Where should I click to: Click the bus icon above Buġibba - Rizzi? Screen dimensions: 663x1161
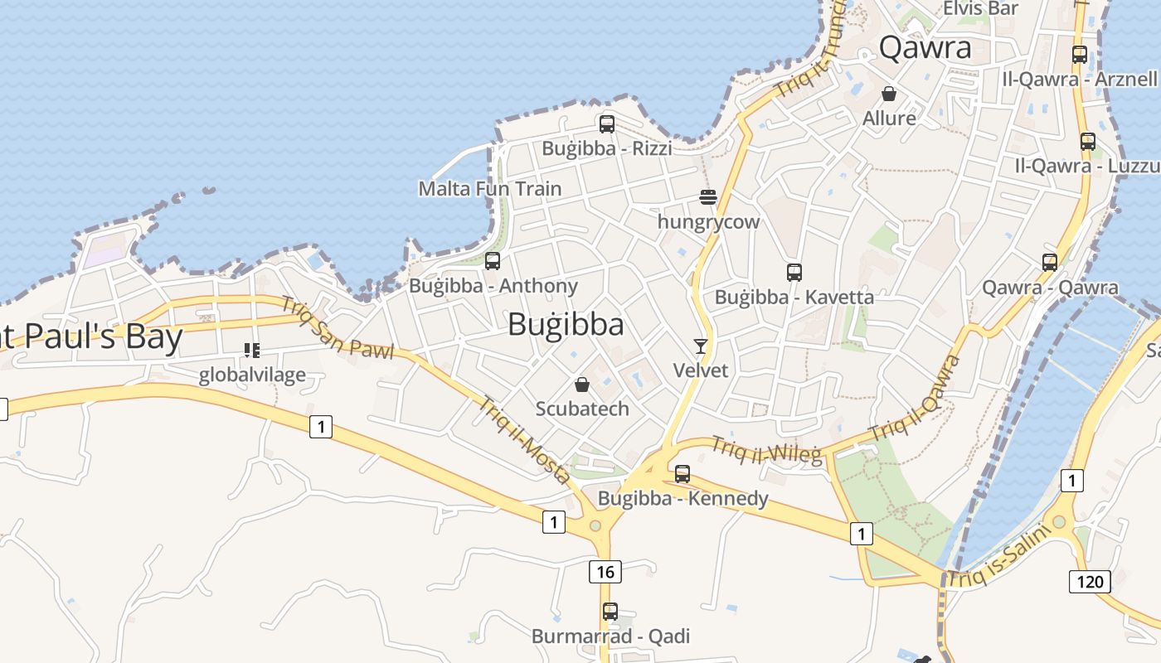(607, 124)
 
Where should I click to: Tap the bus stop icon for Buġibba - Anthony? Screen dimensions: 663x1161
(493, 261)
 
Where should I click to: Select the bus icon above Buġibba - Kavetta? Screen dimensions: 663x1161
(794, 272)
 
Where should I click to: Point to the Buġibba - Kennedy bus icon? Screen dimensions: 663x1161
(682, 474)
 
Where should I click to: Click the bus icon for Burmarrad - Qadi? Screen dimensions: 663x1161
(610, 612)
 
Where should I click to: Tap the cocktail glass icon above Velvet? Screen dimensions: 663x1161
(701, 346)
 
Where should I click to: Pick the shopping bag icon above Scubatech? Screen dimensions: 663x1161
(582, 385)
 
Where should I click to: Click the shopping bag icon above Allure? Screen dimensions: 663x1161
(889, 94)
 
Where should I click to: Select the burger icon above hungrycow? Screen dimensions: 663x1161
(707, 197)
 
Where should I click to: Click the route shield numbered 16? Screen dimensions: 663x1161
(606, 571)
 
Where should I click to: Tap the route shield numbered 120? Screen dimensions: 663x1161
(1089, 582)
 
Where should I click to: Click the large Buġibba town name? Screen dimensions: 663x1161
(566, 324)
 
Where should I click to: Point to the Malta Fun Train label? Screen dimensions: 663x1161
(489, 188)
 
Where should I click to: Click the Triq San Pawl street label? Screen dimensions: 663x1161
(337, 328)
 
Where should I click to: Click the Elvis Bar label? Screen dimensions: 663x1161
(980, 9)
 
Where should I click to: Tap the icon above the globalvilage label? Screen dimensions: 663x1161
(252, 351)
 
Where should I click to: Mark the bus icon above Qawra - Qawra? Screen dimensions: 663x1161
(1050, 262)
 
